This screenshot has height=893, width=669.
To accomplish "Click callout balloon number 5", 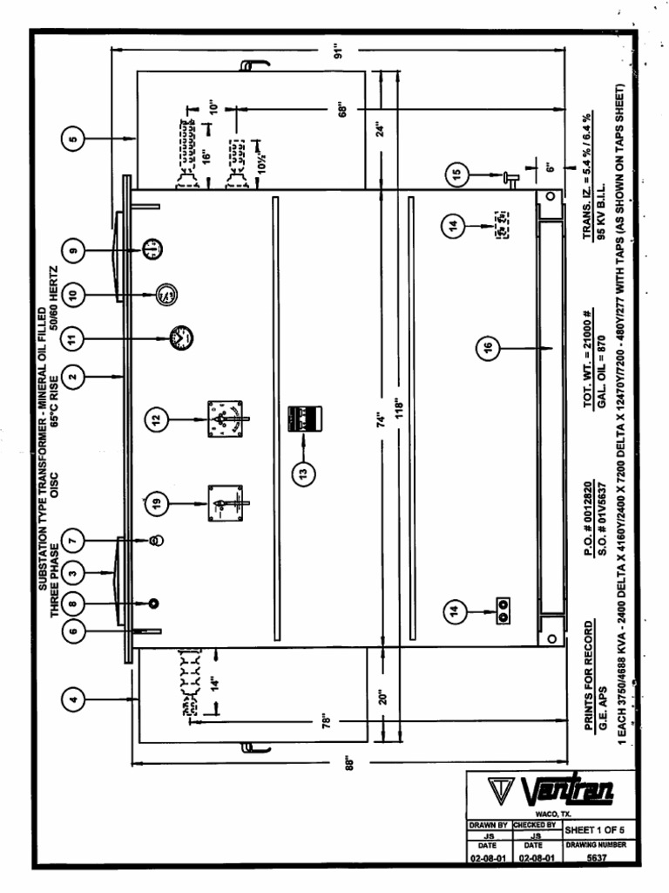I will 74,137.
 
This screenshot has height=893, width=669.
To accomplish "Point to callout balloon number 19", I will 154,502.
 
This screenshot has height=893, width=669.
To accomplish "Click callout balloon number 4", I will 74,697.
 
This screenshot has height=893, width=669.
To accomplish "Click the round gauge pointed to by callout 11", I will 181,337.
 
